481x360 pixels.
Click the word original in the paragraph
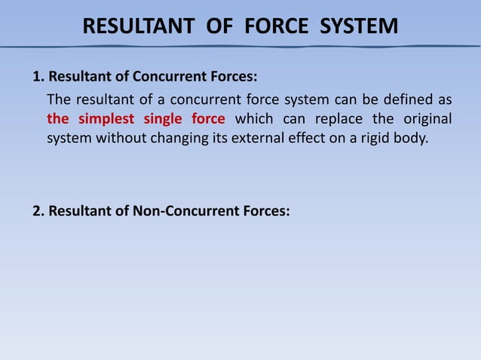[x=425, y=119]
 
